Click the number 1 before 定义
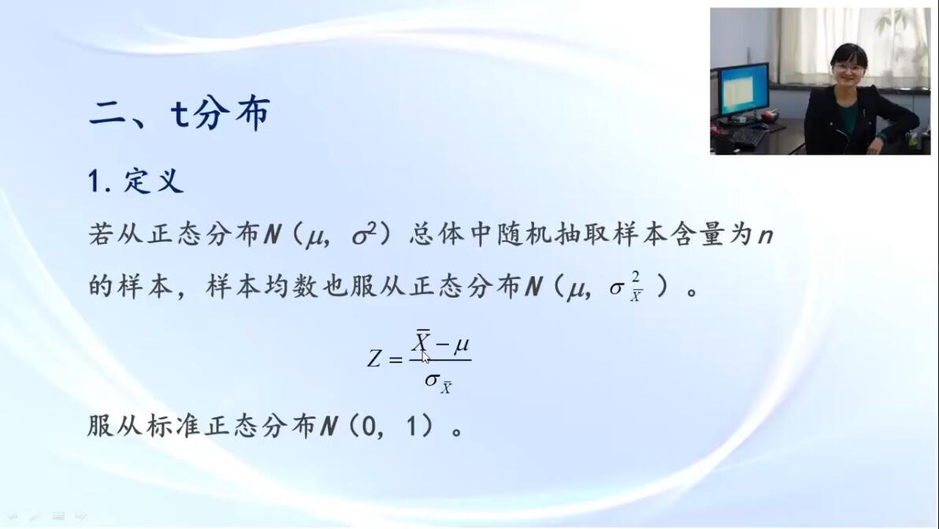[x=94, y=181]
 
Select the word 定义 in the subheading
[x=154, y=181]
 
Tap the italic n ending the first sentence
[x=766, y=236]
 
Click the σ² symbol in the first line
[x=365, y=234]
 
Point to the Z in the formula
[x=374, y=359]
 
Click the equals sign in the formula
[x=395, y=359]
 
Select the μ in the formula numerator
[x=461, y=345]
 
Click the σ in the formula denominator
[x=432, y=379]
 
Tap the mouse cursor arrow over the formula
[x=425, y=357]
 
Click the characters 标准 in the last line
[x=174, y=426]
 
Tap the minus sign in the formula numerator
[x=442, y=345]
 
